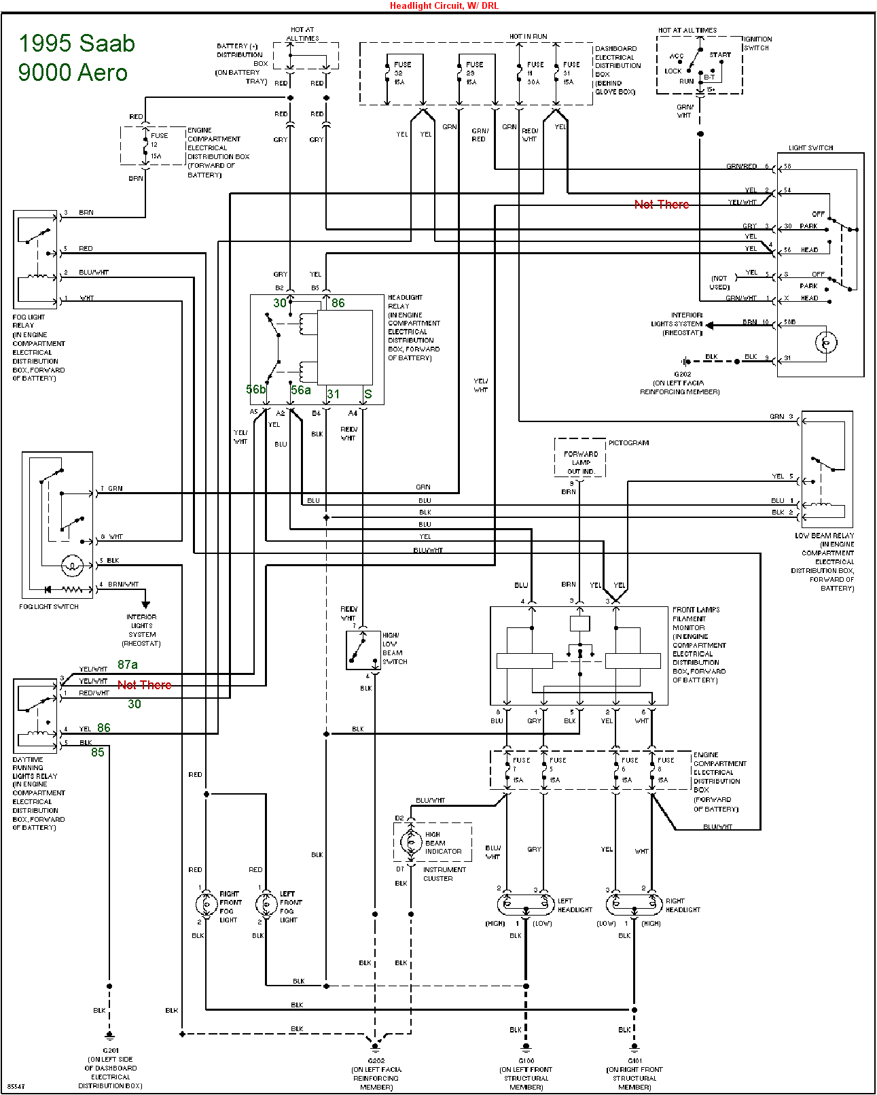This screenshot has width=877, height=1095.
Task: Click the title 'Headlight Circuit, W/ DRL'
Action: tap(444, 5)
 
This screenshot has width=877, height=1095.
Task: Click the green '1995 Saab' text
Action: tap(77, 44)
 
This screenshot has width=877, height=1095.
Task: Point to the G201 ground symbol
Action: tap(109, 1036)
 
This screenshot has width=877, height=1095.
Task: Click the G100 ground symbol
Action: tap(526, 1047)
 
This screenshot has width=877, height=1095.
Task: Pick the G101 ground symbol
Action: tap(634, 1047)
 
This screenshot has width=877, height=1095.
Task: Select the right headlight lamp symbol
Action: tap(634, 905)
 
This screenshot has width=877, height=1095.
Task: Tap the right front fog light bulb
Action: tap(206, 905)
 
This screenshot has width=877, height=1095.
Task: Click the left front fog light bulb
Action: tap(266, 905)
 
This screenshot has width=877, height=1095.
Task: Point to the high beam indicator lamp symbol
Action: tap(410, 842)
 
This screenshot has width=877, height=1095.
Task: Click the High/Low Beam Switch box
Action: tap(363, 650)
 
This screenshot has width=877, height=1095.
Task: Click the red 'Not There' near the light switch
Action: tap(661, 205)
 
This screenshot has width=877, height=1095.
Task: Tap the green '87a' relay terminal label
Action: tap(128, 665)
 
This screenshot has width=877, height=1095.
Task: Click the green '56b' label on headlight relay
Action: tap(255, 389)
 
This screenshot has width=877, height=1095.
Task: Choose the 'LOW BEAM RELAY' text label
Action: tap(824, 536)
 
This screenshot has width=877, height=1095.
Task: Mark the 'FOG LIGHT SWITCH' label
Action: tap(49, 606)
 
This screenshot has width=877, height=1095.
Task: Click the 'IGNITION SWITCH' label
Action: tap(757, 44)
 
